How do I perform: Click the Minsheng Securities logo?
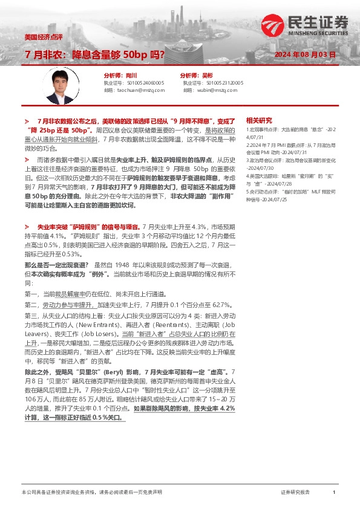(x=305, y=25)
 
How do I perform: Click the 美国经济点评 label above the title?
(x=42, y=37)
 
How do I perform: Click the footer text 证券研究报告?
(x=295, y=493)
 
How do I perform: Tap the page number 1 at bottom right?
(x=333, y=493)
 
